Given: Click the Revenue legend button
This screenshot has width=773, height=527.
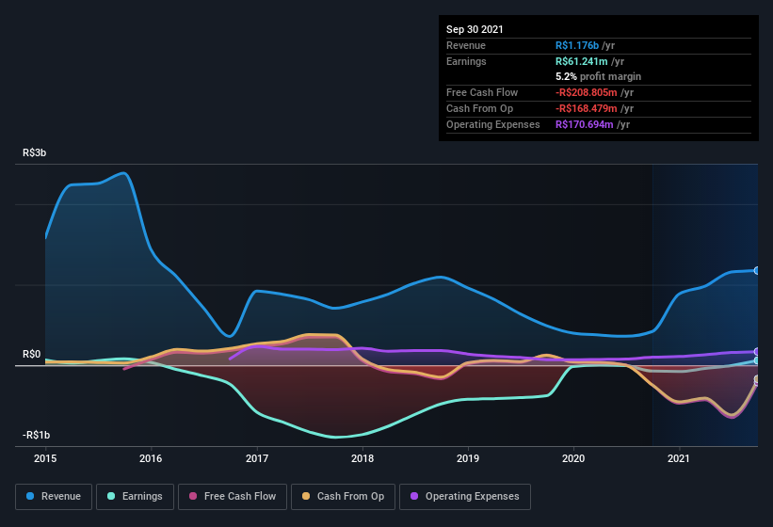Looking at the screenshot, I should pyautogui.click(x=54, y=496).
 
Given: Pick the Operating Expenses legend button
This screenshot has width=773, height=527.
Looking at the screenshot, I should pyautogui.click(x=465, y=496).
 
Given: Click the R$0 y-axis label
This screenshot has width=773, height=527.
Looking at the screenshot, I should pyautogui.click(x=31, y=354).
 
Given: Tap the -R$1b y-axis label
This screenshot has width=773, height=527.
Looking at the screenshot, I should pyautogui.click(x=37, y=435).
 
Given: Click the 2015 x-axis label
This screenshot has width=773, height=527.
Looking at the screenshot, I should pyautogui.click(x=45, y=459).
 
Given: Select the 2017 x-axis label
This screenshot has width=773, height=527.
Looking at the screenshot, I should pyautogui.click(x=257, y=459).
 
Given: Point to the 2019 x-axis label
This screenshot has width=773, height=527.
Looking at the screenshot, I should pyautogui.click(x=468, y=459).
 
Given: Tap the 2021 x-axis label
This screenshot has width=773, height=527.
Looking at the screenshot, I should pyautogui.click(x=679, y=459).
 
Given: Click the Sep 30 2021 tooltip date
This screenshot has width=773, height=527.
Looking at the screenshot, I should pyautogui.click(x=475, y=29).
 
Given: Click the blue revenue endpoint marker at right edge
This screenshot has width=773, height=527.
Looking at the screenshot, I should pyautogui.click(x=756, y=270).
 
